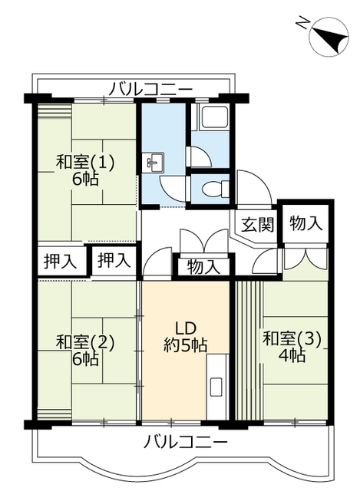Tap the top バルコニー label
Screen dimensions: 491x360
[x=150, y=88]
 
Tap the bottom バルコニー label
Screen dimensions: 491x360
[x=185, y=443]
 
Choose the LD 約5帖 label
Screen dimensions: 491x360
[x=184, y=337]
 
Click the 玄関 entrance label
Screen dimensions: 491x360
[x=258, y=225]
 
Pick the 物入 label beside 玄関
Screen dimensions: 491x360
[x=306, y=223]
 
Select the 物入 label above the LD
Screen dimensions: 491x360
[x=203, y=267]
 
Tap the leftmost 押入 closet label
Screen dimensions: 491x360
[x=60, y=261]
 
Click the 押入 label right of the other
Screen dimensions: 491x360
[x=114, y=261]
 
